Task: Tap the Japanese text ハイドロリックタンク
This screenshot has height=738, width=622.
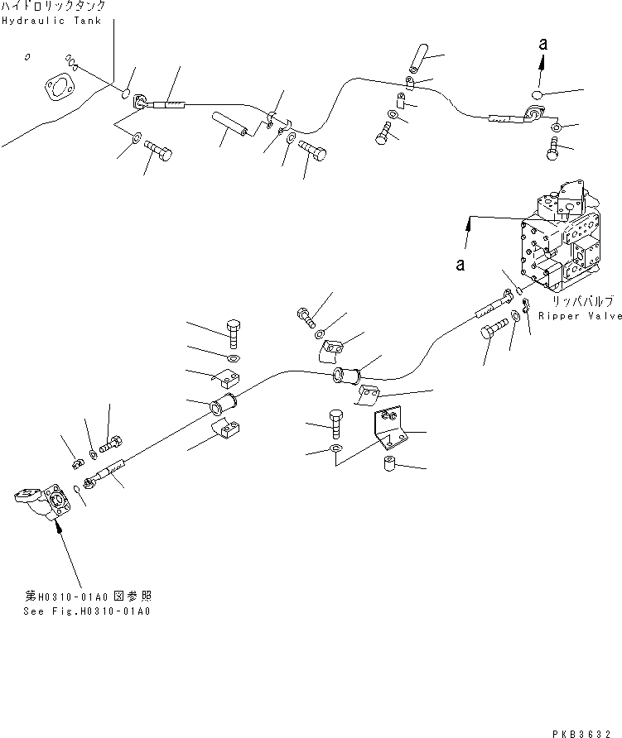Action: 53,7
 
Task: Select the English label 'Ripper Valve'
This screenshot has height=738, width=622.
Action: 580,316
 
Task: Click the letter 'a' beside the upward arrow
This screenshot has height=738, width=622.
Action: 542,46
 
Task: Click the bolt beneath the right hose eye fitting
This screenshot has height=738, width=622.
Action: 554,151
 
